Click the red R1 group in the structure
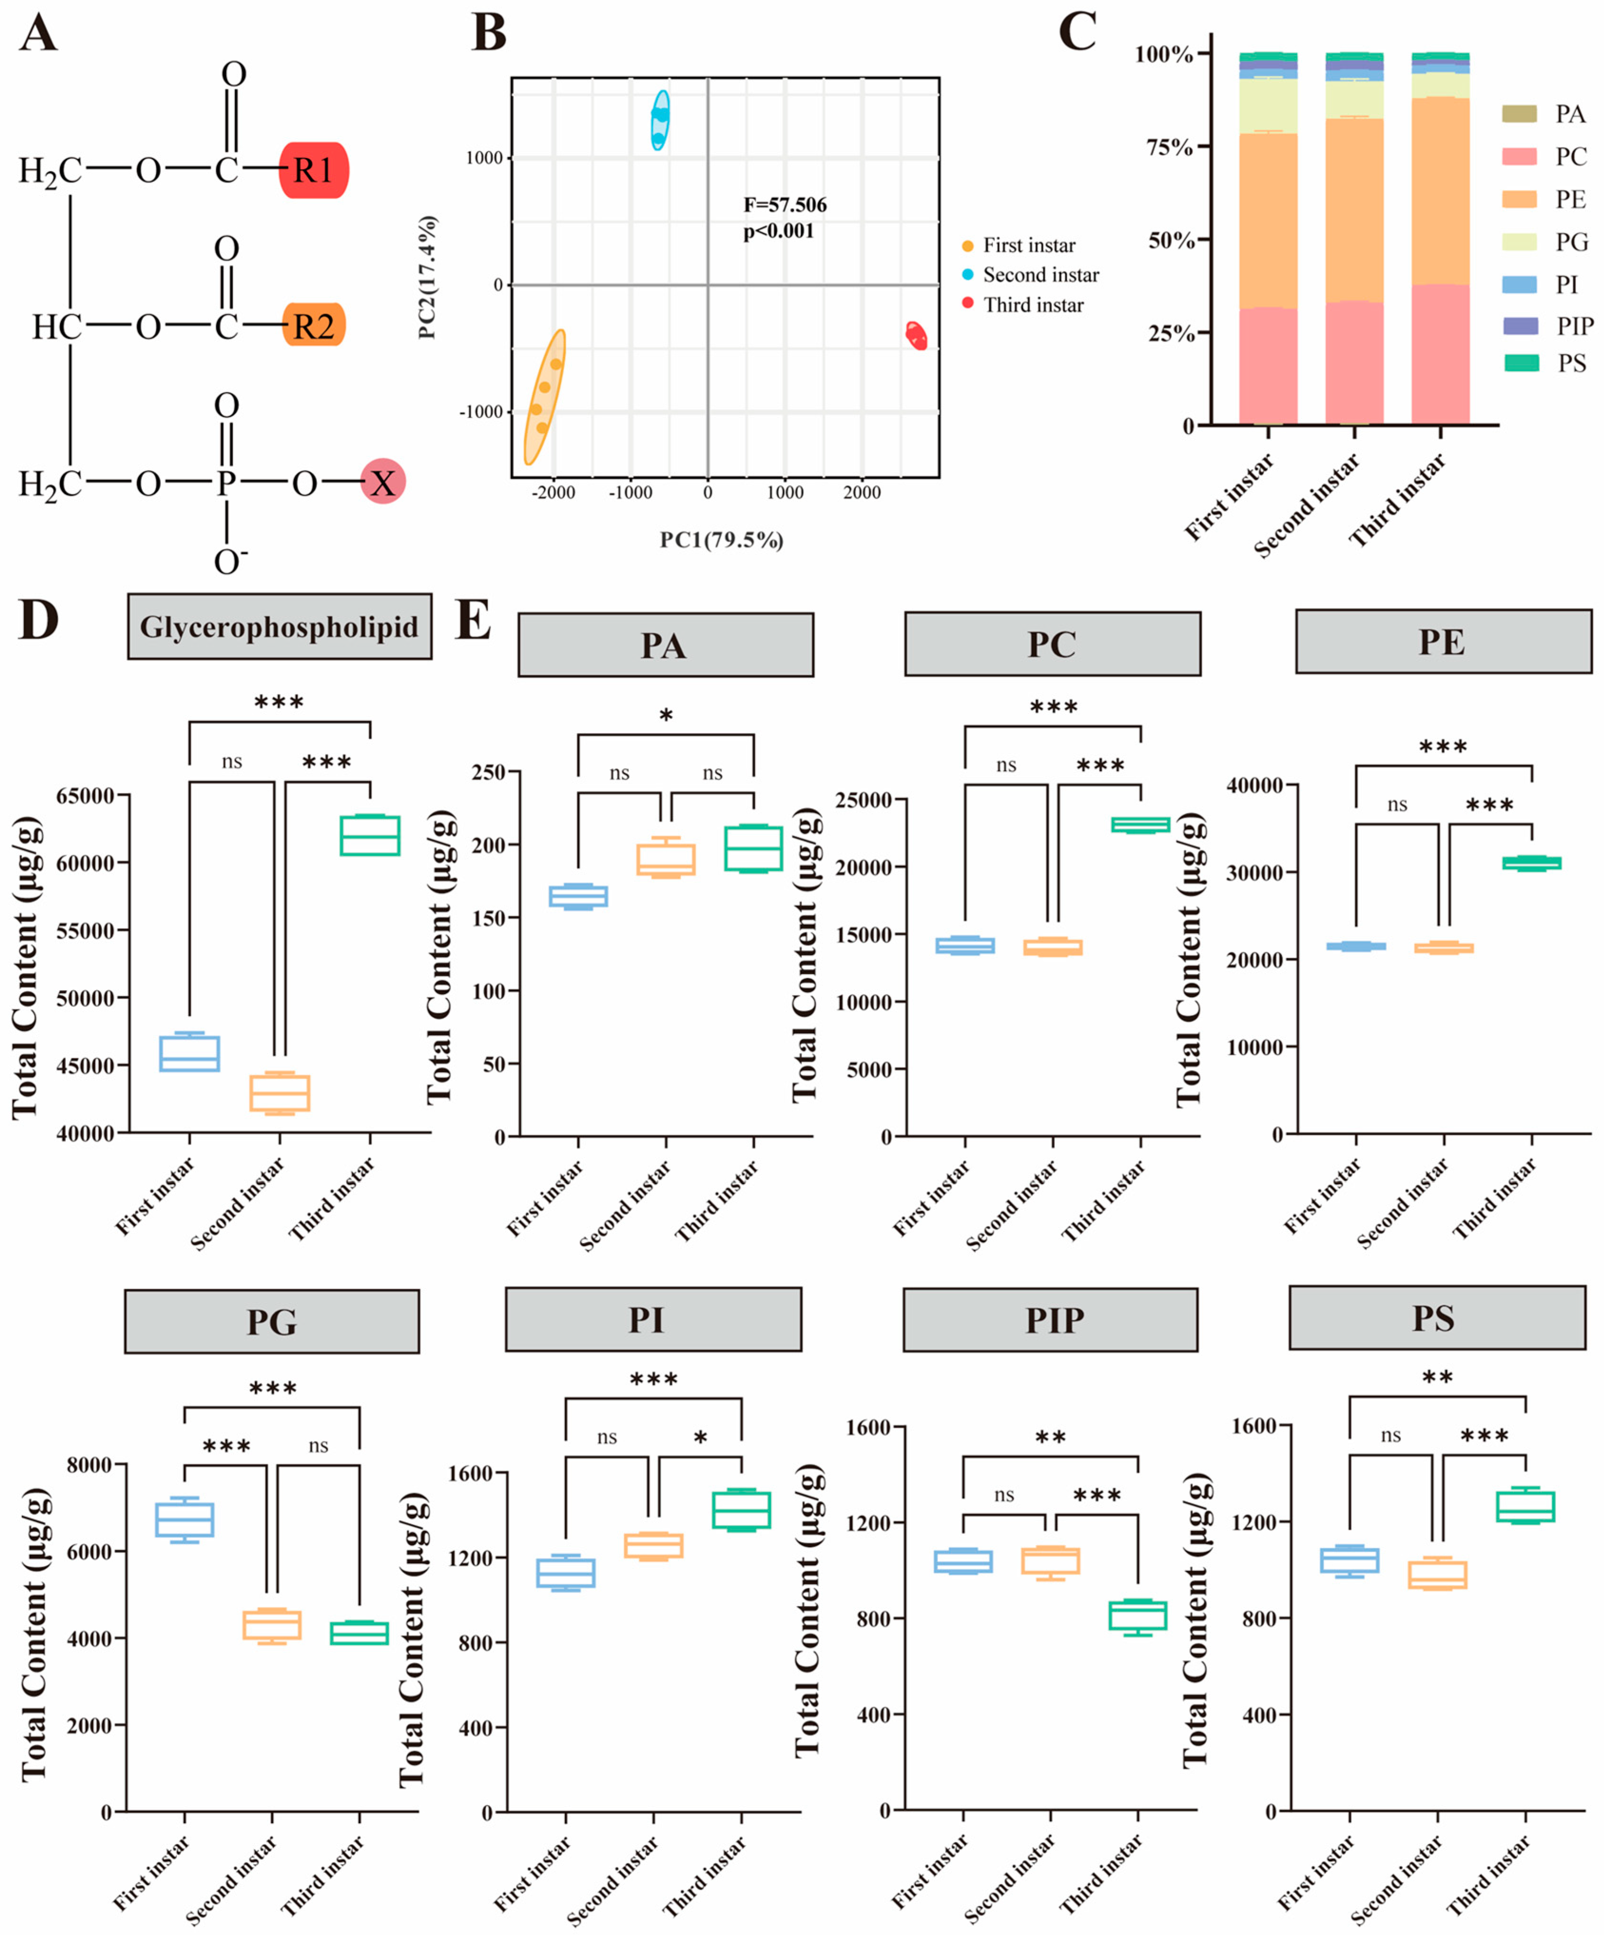313,171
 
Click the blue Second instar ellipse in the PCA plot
660,120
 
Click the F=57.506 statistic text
785,204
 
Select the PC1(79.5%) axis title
721,540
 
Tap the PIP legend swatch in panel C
1520,325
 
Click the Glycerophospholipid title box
279,627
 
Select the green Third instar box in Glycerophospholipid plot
369,835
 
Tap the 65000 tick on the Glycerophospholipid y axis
86,795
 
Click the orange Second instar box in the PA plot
666,859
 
